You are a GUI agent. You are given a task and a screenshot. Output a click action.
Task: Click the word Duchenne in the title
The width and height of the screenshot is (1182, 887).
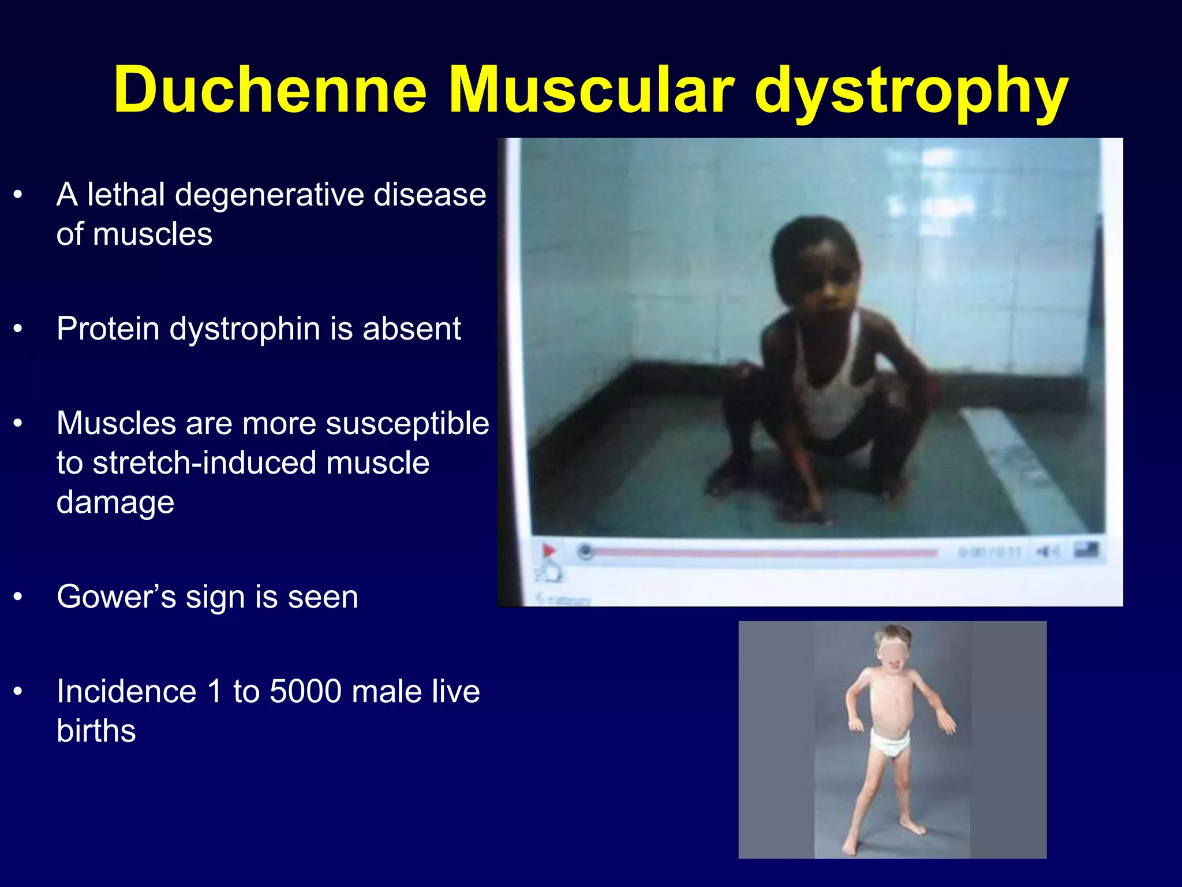click(x=270, y=91)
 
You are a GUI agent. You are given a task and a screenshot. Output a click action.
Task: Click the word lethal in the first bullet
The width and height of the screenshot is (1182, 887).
click(x=126, y=195)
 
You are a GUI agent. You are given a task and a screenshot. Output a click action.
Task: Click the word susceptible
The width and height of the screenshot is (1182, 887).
click(x=407, y=424)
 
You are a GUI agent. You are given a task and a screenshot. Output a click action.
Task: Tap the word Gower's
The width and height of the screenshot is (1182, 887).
click(x=116, y=597)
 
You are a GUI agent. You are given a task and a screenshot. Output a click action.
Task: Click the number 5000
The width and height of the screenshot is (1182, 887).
click(x=306, y=691)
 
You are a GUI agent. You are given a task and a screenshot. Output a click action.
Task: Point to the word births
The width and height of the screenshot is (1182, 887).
click(x=96, y=731)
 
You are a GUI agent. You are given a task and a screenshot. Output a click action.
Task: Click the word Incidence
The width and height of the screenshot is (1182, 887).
click(x=126, y=691)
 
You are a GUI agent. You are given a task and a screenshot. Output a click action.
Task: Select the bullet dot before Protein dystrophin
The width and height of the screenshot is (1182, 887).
click(x=18, y=329)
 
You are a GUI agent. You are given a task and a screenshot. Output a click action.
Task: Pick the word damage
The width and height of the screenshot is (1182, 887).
click(x=115, y=502)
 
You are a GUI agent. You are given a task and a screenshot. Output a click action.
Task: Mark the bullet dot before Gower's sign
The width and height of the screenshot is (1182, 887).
click(x=18, y=597)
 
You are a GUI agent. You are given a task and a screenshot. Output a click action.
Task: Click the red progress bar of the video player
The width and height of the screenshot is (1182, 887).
click(x=762, y=553)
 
